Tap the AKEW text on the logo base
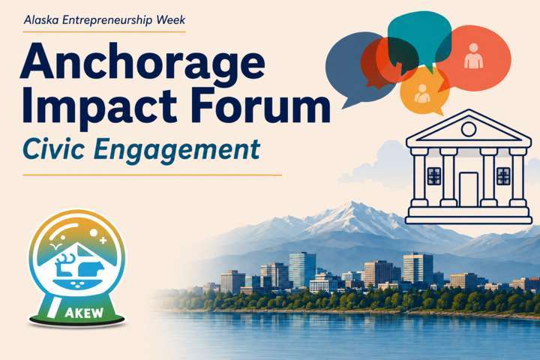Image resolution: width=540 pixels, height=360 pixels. (x=84, y=313)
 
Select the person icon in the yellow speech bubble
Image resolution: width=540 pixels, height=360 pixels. (x=421, y=94)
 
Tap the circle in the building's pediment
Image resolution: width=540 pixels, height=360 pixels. (x=468, y=129)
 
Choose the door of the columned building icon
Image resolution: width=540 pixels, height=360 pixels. (x=468, y=189)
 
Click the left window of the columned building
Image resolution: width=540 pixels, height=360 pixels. (x=434, y=176)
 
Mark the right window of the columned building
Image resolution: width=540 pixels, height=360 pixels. (x=503, y=176)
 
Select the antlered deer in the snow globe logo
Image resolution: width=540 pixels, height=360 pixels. (x=64, y=265)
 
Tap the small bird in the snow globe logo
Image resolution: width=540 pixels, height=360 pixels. (x=55, y=246)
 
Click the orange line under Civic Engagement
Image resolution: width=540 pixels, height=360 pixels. (x=152, y=175)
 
